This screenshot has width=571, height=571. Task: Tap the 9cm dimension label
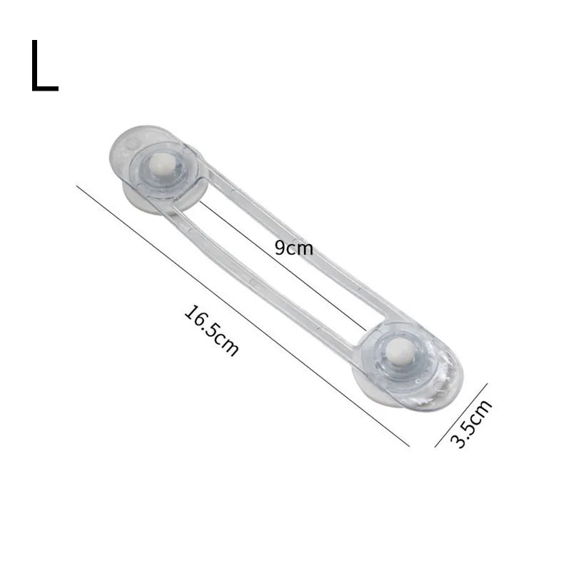pyautogui.click(x=294, y=248)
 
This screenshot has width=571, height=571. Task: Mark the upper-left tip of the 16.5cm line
pyautogui.click(x=77, y=186)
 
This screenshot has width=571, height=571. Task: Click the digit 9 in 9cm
pyautogui.click(x=280, y=248)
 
